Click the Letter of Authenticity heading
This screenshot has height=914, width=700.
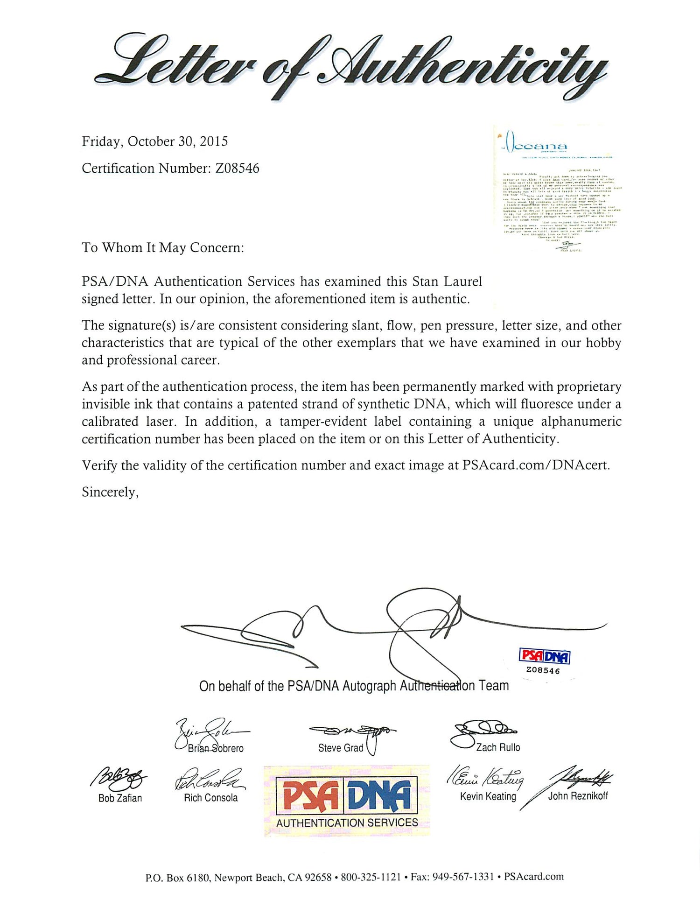tap(350, 65)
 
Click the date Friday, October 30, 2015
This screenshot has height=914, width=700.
tap(154, 141)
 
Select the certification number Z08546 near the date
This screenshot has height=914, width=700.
tap(237, 168)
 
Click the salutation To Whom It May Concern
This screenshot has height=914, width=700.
tap(162, 247)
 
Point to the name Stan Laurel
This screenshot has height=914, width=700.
tap(447, 281)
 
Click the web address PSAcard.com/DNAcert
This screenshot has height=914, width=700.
tap(535, 465)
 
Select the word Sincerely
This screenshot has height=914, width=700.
tap(110, 492)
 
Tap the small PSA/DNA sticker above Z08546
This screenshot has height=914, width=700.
tap(544, 656)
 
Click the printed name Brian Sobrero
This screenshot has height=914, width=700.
tap(216, 748)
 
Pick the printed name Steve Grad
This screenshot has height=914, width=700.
tap(340, 748)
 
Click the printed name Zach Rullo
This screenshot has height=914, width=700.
tap(497, 747)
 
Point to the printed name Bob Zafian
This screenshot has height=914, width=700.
tap(120, 798)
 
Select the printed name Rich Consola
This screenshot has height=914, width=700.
tap(210, 798)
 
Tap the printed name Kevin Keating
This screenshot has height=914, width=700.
tap(488, 796)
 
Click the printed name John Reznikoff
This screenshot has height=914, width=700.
tap(578, 796)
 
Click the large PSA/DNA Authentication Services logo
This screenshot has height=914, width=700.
tap(347, 801)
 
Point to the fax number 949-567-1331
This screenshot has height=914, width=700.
tap(463, 877)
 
